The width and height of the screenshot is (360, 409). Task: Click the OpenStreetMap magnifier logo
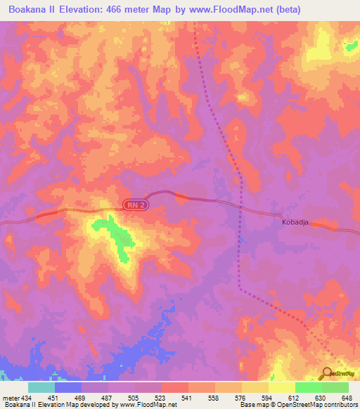point(327,375)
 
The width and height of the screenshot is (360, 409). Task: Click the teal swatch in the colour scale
point(41,387)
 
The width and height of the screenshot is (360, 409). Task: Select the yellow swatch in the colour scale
point(281,387)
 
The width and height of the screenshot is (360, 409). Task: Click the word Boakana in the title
point(27,9)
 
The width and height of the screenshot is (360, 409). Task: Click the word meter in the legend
point(12,398)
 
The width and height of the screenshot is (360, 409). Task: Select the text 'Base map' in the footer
point(252,405)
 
